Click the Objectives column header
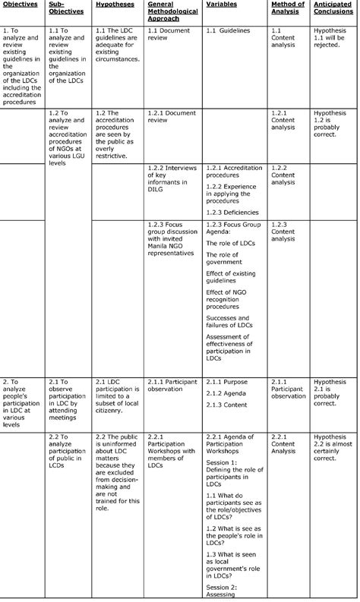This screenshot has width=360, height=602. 21,5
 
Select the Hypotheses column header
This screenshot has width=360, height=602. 115,5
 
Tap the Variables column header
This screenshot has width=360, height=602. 221,5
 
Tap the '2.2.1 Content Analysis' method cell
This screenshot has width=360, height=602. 287,443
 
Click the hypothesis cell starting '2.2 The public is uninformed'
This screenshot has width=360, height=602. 118,471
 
